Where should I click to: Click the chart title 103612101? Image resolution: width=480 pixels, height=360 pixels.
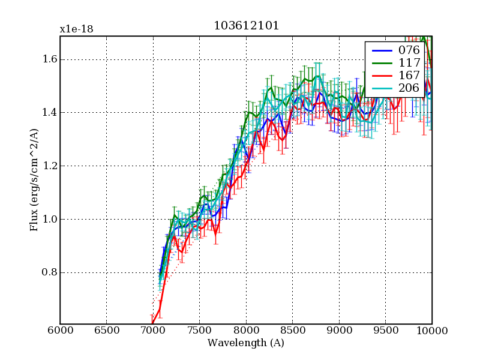[x=246, y=26]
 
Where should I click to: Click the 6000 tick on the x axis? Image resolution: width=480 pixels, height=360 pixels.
[x=60, y=331]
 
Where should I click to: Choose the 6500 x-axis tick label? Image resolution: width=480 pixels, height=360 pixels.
[x=107, y=331]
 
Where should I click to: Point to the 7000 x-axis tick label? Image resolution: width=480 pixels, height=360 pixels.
[x=153, y=331]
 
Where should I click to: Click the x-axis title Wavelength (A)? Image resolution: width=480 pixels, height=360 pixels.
[x=246, y=343]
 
